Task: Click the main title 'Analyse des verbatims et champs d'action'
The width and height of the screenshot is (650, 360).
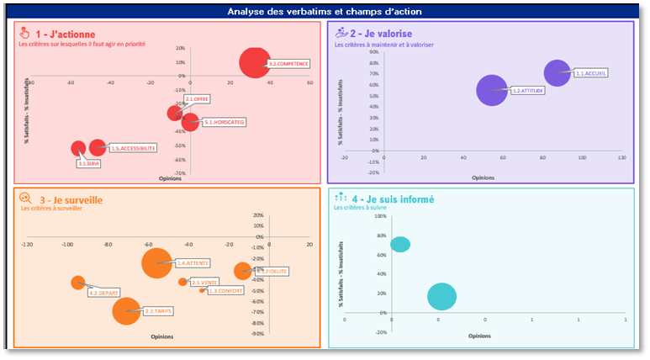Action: (x=325, y=12)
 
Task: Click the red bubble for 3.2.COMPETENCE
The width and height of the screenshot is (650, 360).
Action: (x=255, y=62)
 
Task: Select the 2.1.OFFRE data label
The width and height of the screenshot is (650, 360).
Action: (x=197, y=99)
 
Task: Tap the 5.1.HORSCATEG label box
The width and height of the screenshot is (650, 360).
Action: (x=225, y=123)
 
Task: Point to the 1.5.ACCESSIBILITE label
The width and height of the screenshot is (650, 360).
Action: (x=134, y=148)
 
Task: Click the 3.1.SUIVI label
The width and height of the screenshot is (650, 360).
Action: (x=89, y=163)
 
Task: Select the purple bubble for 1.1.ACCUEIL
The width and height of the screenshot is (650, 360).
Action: (x=557, y=72)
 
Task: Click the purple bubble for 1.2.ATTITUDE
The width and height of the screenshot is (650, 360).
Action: (x=493, y=90)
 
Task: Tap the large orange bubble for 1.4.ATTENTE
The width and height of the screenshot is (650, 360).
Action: (x=156, y=263)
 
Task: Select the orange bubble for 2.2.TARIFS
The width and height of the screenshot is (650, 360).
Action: (x=127, y=310)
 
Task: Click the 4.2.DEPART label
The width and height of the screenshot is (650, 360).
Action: (x=103, y=293)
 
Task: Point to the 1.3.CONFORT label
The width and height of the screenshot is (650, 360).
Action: (x=225, y=291)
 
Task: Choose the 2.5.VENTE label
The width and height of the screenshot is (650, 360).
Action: (x=204, y=283)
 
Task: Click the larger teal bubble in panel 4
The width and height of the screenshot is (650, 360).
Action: (x=441, y=296)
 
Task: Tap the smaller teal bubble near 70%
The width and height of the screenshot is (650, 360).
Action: (x=400, y=245)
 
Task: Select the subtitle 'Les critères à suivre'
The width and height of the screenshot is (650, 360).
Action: (x=362, y=208)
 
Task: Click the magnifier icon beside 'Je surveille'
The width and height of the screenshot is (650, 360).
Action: (x=25, y=199)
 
